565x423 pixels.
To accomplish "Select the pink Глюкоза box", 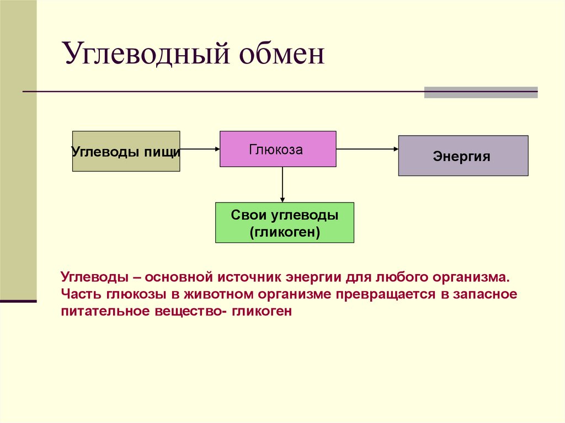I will point(278,149).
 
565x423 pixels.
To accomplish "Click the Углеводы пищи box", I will point(126,151).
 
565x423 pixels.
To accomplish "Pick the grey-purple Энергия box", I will point(463,156).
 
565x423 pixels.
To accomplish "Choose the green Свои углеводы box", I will point(284,222).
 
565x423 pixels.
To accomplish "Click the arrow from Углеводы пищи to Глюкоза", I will point(200,149).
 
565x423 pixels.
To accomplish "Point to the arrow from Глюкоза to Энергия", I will point(367,149).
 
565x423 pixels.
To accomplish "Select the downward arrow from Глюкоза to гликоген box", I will point(282,185).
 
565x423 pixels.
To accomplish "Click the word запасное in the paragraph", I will point(485,293).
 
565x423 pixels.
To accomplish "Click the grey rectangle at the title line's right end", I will point(481,92).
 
